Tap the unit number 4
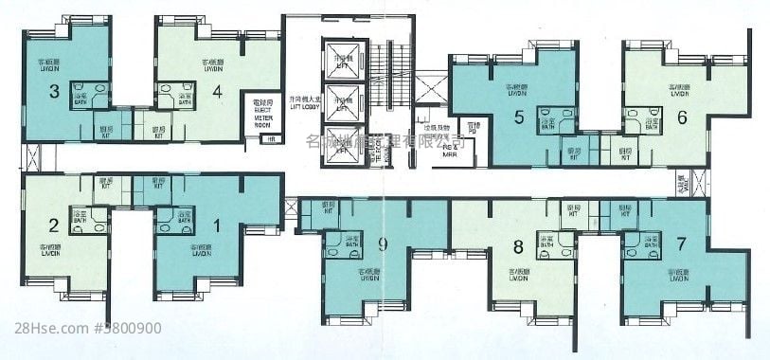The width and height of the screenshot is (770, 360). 218,92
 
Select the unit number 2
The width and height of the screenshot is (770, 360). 54,225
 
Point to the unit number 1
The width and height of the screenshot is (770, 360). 218,225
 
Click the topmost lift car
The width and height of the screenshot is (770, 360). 342,59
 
